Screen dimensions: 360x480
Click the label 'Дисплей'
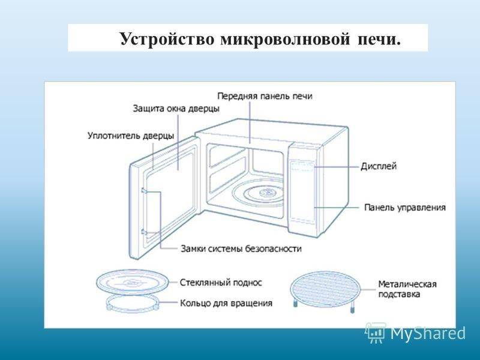pos(379,166)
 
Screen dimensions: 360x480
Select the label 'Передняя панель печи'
pos(264,96)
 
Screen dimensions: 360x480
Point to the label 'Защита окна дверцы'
pos(176,109)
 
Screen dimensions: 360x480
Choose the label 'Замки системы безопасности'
pos(241,248)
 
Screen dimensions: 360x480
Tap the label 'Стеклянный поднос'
pos(221,281)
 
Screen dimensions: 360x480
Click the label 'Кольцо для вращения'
pos(226,303)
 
